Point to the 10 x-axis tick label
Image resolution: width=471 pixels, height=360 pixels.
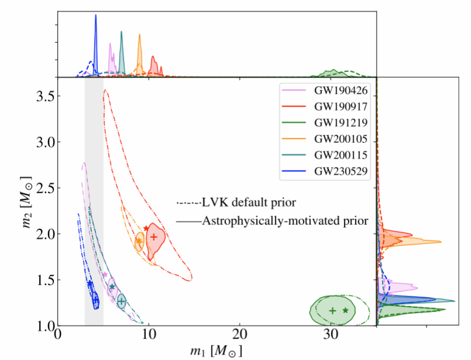click(148, 337)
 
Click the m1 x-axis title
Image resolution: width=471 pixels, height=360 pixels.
click(217, 351)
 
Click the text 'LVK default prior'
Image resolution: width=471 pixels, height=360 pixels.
click(248, 203)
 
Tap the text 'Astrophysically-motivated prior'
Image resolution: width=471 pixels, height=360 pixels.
click(285, 221)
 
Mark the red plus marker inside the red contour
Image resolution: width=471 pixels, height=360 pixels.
click(154, 237)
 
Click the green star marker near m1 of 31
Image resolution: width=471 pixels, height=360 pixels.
click(346, 310)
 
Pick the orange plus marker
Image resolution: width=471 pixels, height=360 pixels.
click(139, 241)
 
